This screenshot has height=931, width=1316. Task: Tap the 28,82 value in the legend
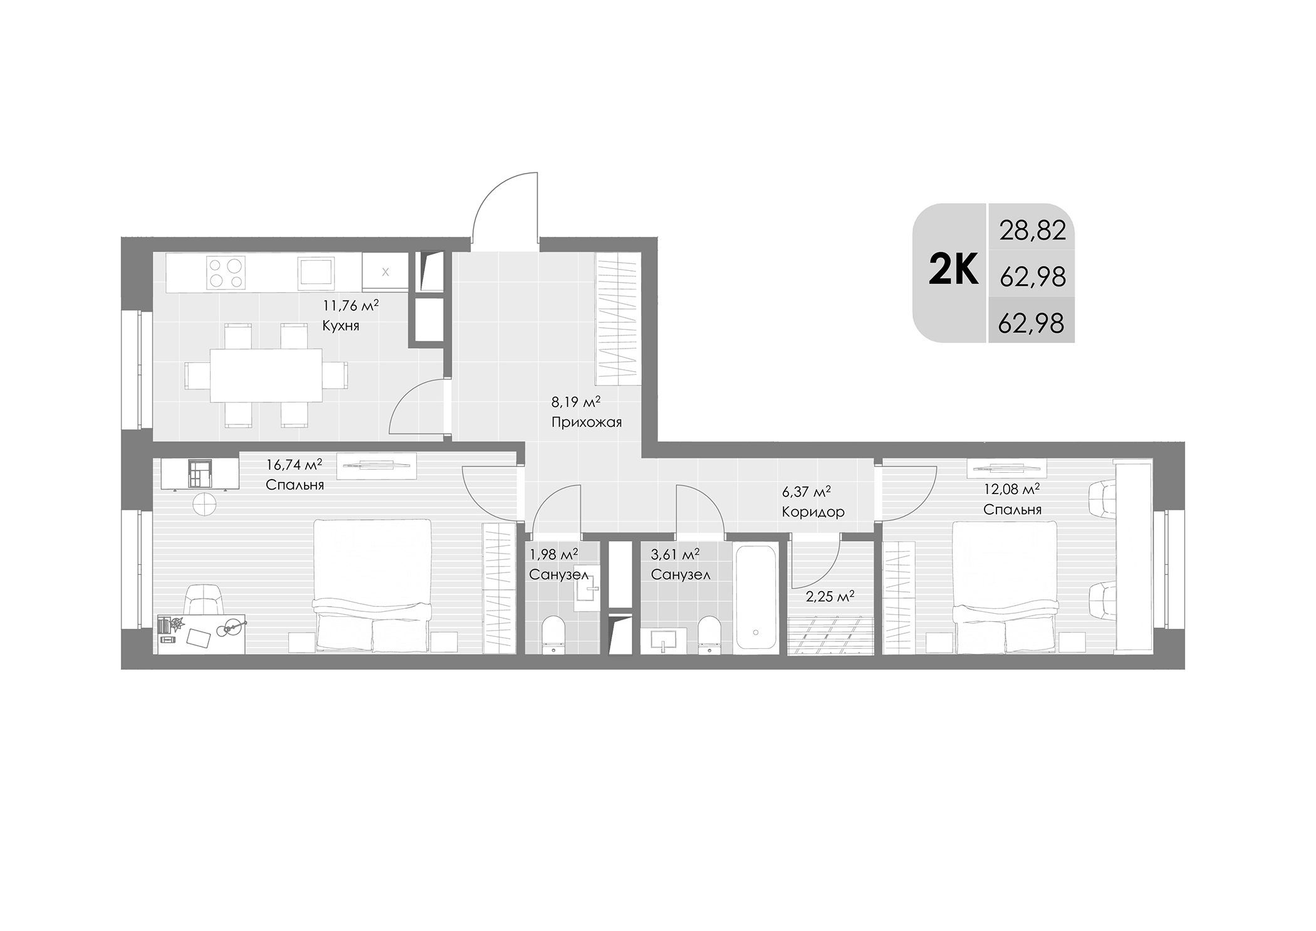point(1032,231)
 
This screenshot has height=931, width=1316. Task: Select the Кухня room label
point(340,326)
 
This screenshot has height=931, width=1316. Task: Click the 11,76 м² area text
point(350,306)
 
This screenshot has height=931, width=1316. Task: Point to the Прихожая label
point(586,422)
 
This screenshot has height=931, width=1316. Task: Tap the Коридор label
point(813,512)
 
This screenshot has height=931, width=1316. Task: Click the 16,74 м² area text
point(294,465)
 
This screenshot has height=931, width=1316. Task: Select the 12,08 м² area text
point(1011,489)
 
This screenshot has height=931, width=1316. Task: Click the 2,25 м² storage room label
point(830,597)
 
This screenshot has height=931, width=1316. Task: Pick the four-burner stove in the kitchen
point(225,273)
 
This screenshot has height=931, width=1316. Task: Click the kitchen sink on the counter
point(316,273)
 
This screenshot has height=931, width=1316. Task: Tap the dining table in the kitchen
point(266,375)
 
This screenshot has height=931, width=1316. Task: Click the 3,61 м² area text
point(675,554)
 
